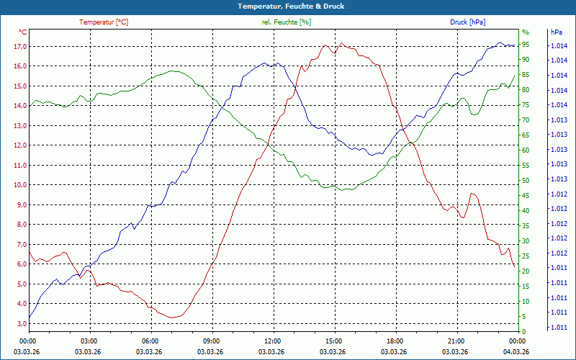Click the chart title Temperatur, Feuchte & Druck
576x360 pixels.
(288, 6)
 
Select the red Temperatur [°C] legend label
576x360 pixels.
(104, 22)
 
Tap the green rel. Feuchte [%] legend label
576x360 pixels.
(287, 22)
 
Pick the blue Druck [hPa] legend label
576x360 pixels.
(468, 22)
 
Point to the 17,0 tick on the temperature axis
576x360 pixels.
(19, 47)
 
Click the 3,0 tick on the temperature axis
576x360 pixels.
(19, 323)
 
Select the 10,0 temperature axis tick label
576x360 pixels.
(19, 185)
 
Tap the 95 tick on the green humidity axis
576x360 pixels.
(526, 44)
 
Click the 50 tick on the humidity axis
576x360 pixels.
(526, 181)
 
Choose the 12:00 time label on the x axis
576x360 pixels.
(272, 341)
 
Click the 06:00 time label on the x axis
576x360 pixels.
(150, 341)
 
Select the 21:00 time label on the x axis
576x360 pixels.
(456, 341)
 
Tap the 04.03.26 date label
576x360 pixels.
(516, 351)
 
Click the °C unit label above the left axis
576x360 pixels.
(22, 32)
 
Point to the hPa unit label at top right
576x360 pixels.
(556, 32)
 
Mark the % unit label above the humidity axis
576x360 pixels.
(526, 32)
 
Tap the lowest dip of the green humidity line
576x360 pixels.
(347, 190)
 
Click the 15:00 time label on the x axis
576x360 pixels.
(333, 341)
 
